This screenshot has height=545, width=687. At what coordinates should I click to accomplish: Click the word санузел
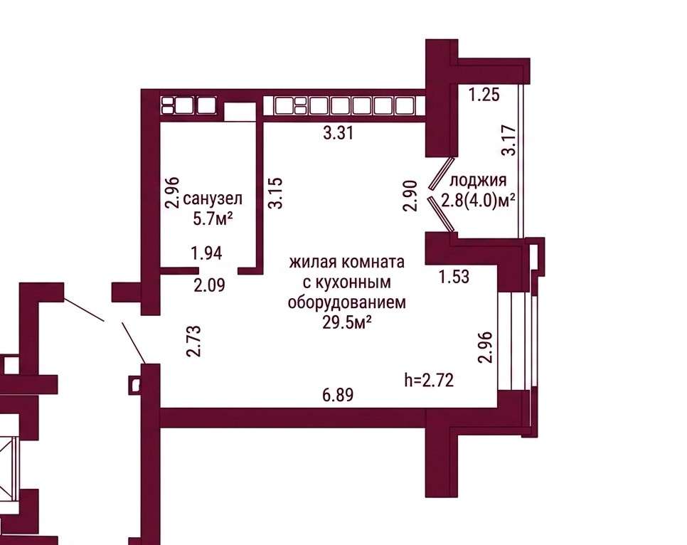coord(213,199)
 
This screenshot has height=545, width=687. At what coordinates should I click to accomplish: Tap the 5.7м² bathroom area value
coord(213,218)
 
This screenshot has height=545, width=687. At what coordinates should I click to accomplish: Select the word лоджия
coord(478,181)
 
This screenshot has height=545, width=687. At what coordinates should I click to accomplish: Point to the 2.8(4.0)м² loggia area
coord(478,201)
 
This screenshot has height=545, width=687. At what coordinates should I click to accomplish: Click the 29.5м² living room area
coord(347,322)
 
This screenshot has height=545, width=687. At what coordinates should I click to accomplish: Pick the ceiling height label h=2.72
coord(429,380)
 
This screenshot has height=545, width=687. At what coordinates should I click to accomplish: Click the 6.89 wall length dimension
coord(338,395)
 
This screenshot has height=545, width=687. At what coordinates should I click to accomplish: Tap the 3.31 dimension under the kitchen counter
coord(338,132)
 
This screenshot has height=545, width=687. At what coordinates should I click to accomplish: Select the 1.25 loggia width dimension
coord(484,94)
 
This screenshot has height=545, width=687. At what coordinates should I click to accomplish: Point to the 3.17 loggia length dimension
coord(509,140)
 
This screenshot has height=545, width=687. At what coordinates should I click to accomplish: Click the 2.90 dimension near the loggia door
coord(410,196)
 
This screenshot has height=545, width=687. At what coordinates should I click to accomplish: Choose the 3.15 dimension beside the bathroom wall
coord(276,193)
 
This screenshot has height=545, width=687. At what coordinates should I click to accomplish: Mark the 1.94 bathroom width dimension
coord(206,253)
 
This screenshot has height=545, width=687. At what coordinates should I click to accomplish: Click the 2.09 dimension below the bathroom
coord(209,285)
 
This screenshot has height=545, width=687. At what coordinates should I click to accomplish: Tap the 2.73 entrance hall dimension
coord(193,341)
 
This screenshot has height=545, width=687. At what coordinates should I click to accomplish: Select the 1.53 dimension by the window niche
coord(454,277)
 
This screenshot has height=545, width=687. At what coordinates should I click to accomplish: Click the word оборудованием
coord(346,302)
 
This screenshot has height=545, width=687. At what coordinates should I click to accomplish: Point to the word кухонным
coord(347,282)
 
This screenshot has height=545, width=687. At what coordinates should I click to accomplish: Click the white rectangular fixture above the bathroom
coord(240,112)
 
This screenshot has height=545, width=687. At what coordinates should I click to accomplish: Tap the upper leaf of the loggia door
coord(440,173)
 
